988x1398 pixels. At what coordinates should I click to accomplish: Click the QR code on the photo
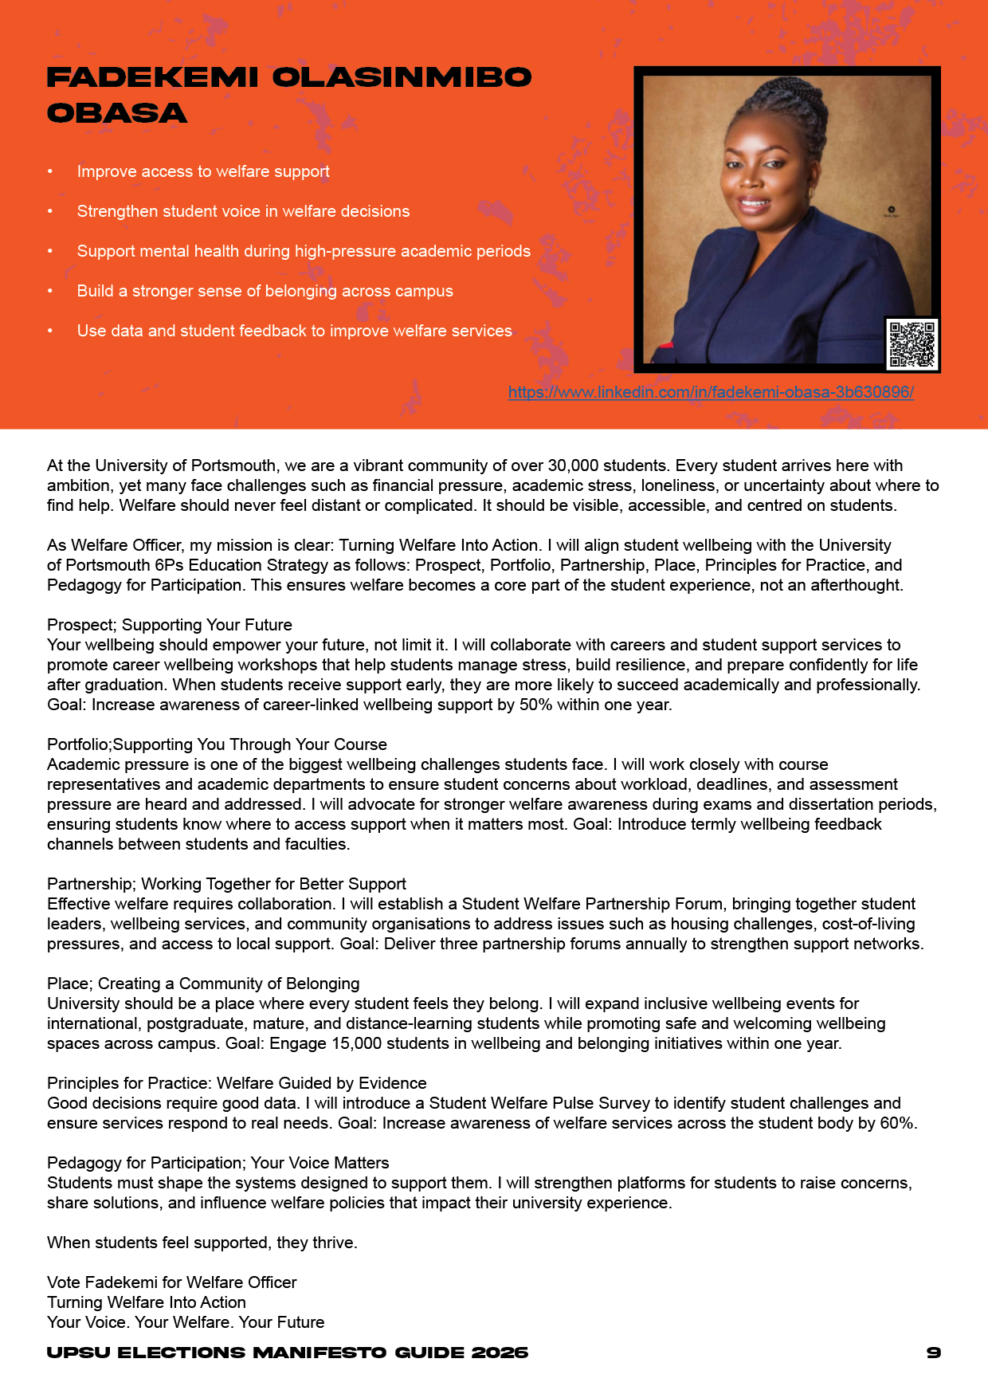coord(912,344)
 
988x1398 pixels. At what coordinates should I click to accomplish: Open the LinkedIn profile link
coord(711,392)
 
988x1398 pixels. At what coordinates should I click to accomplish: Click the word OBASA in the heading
coord(117,114)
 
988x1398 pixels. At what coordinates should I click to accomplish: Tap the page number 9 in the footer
coord(934,1353)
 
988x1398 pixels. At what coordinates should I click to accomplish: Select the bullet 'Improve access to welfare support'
coord(203,171)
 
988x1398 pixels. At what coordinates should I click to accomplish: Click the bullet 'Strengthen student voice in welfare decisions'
coord(243,211)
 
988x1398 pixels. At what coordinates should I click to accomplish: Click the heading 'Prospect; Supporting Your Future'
coord(170,625)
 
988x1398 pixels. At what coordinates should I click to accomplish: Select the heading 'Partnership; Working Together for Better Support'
coord(226,884)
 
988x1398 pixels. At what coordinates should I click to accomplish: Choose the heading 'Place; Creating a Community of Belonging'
coord(203,984)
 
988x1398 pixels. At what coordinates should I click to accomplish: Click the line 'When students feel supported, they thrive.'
coord(202,1243)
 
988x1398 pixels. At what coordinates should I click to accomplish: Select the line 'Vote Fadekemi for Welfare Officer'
coord(172,1282)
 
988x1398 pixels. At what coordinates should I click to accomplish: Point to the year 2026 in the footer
coord(500,1353)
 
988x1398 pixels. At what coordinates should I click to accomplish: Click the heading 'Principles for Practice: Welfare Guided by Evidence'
coord(237,1083)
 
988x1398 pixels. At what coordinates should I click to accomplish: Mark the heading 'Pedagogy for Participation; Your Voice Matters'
coord(218,1163)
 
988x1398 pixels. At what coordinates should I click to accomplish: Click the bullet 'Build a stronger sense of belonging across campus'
coord(265,291)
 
